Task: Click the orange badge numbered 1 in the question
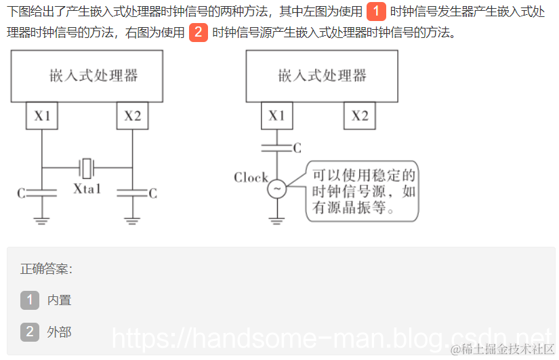point(375,12)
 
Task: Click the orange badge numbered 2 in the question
point(198,32)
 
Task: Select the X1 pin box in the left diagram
point(42,115)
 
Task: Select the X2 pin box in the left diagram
point(133,115)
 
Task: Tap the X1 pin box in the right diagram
point(276,115)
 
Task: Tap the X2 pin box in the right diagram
point(360,115)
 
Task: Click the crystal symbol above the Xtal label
point(87,167)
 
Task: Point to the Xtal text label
point(87,188)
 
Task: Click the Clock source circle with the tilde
point(276,189)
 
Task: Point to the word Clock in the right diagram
point(251,178)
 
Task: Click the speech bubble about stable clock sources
point(362,191)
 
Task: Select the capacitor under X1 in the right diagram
point(276,146)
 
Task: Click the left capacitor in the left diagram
point(42,193)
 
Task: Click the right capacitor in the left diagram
point(132,193)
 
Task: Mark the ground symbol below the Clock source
point(276,220)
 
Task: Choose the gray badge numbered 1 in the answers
point(30,300)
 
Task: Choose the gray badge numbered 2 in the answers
point(30,332)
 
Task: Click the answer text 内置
point(59,300)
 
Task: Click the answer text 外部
point(59,332)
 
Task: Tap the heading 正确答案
point(46,268)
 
